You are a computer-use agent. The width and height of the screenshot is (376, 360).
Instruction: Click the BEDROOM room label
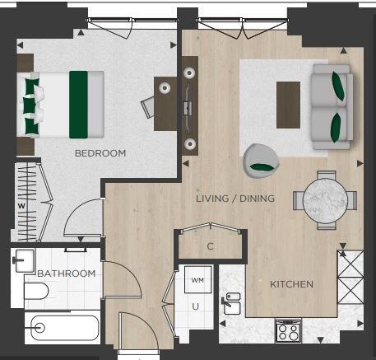[100, 153]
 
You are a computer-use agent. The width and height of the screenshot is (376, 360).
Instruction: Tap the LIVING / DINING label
[235, 199]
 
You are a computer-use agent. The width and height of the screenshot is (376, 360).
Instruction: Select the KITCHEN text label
[291, 284]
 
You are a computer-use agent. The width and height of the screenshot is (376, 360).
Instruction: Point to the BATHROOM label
[67, 274]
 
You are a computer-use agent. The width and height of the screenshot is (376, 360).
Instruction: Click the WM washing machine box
[197, 280]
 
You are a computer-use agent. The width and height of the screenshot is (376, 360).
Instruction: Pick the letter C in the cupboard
[211, 246]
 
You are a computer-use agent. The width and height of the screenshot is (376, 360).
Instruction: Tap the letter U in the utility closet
[196, 306]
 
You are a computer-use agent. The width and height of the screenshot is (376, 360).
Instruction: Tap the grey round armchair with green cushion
[259, 158]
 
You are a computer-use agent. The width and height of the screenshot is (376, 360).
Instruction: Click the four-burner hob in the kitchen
[288, 331]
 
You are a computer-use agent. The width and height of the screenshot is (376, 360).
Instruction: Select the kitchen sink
[232, 303]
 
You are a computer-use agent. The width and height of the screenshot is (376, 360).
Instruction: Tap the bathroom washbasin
[24, 260]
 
